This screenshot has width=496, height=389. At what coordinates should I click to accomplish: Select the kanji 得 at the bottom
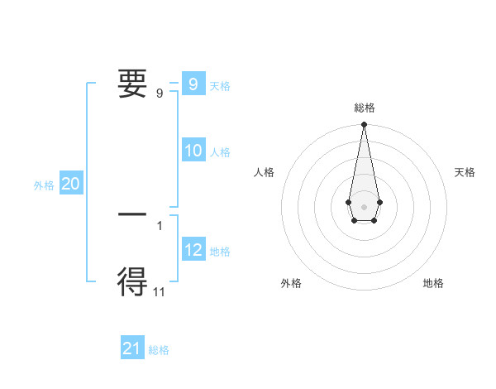(x=133, y=282)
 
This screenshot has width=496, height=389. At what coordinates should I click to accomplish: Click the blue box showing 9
(x=193, y=84)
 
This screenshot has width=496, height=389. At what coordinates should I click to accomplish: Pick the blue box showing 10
(x=193, y=151)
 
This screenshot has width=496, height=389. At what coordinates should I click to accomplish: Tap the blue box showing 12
(x=193, y=250)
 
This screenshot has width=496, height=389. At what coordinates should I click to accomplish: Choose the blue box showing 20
(x=70, y=185)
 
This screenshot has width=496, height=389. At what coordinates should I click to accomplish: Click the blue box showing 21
(x=132, y=348)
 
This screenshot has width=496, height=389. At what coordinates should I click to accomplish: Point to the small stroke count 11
(x=160, y=291)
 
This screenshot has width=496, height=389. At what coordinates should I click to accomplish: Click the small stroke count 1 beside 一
(x=160, y=225)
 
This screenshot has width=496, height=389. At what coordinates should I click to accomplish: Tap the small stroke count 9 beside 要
(x=160, y=93)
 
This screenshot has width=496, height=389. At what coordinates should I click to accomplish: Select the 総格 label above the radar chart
(x=365, y=108)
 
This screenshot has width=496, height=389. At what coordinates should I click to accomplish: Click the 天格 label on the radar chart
(x=465, y=172)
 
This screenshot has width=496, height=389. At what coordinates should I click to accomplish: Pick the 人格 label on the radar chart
(x=265, y=172)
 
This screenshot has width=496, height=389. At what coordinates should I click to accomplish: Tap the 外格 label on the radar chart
(x=291, y=283)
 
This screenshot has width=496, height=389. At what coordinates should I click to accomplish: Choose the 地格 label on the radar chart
(x=433, y=283)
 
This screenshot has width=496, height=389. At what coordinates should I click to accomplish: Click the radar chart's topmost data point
(x=364, y=125)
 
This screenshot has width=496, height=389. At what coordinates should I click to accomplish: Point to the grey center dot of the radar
(x=364, y=206)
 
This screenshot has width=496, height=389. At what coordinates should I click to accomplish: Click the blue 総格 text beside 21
(x=159, y=350)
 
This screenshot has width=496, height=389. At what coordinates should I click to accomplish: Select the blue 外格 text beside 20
(x=44, y=185)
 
